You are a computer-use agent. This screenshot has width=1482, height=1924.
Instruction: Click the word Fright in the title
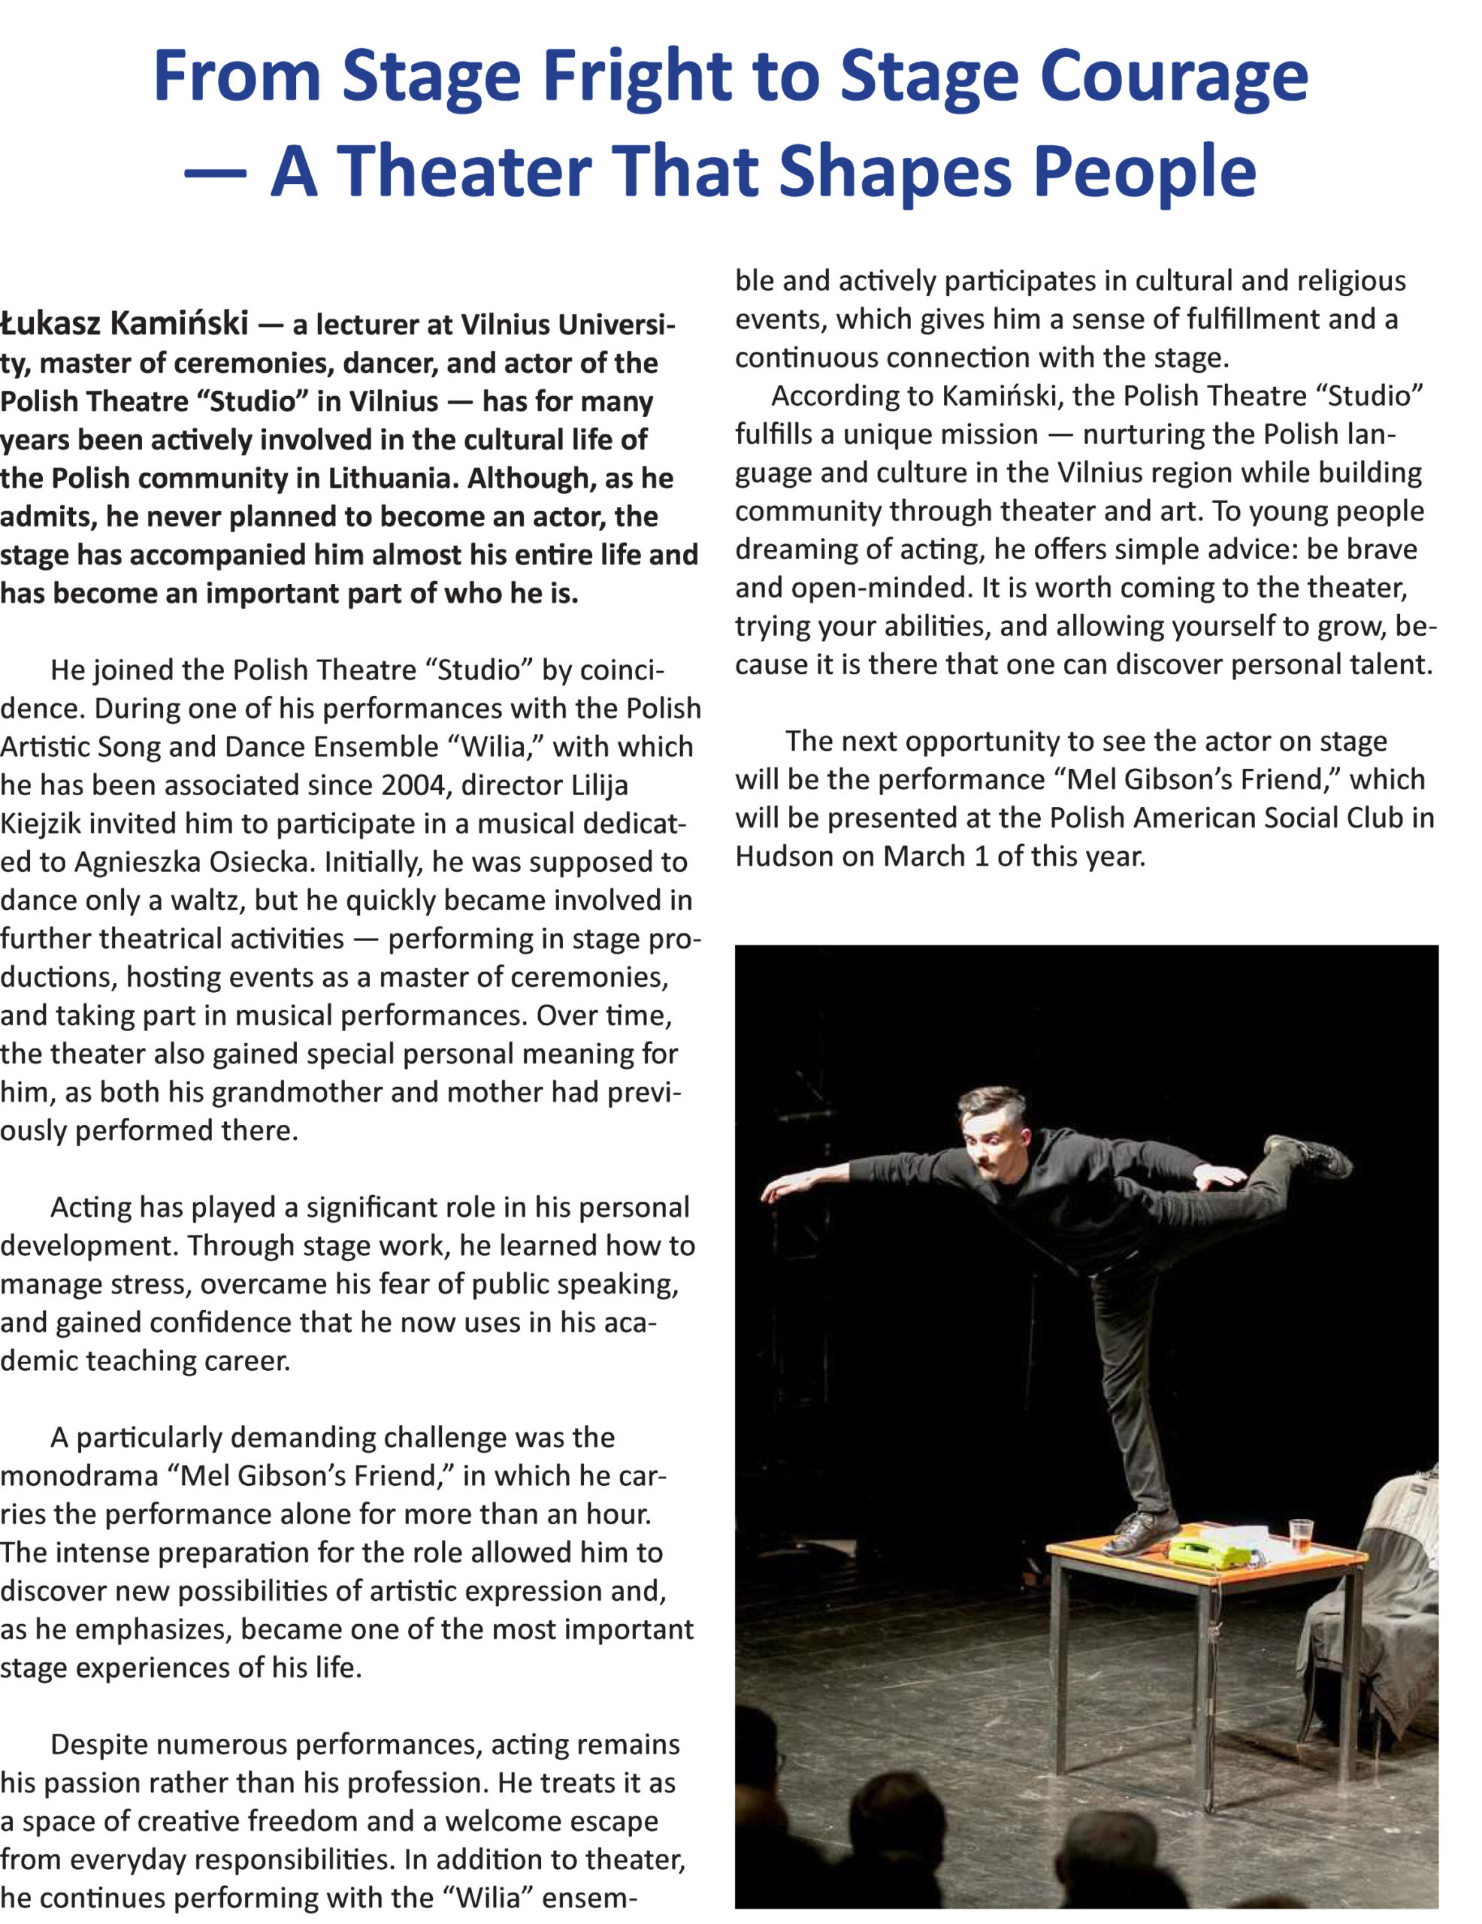[636, 77]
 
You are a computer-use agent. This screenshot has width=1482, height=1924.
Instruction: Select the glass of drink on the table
[1300, 1535]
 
